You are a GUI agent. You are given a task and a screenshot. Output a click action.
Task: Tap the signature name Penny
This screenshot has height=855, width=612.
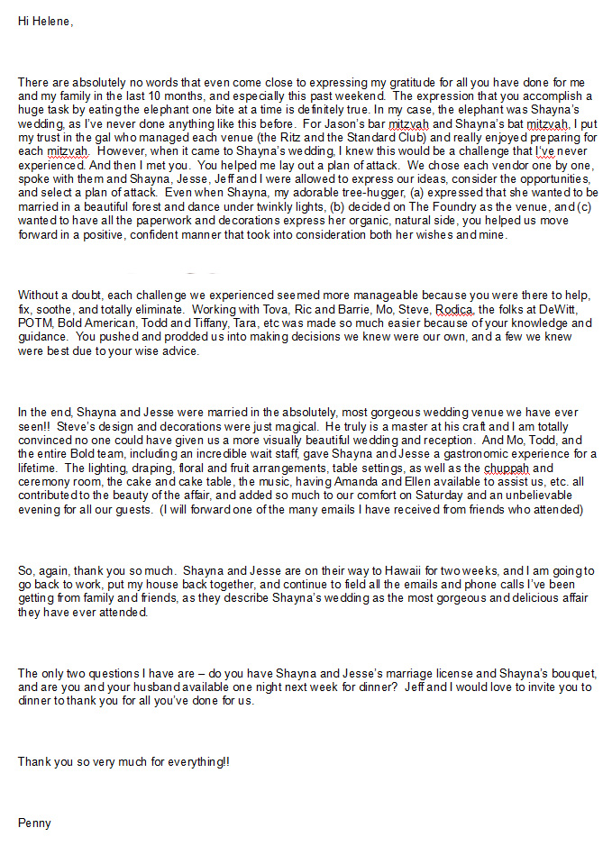pos(34,823)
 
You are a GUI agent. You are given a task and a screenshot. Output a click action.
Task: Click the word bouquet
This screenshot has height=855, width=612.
pos(571,674)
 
